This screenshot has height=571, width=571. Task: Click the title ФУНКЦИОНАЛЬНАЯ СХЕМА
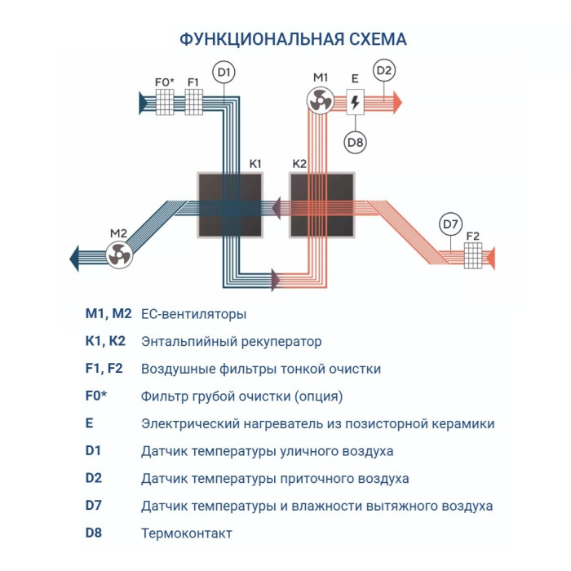(292, 39)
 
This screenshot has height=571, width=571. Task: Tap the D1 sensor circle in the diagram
(224, 73)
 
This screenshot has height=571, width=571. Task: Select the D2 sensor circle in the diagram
(384, 70)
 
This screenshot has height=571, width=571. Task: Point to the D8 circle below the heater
(356, 141)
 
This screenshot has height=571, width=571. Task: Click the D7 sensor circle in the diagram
(450, 223)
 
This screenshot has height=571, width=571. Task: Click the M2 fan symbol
(119, 255)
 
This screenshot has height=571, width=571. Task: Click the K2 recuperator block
(321, 205)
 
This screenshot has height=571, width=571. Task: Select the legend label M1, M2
(108, 313)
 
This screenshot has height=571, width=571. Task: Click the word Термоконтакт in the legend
(187, 533)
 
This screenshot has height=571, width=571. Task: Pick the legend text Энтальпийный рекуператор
(232, 341)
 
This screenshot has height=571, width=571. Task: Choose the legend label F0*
(96, 396)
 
